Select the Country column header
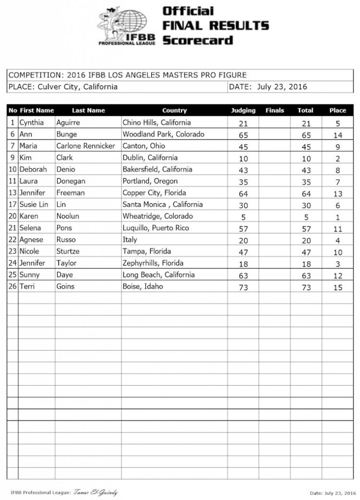(174, 110)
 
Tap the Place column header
(338, 110)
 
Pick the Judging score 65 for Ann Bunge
(243, 135)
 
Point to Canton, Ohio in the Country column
(144, 146)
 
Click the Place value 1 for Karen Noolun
(338, 217)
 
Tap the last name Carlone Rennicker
(86, 146)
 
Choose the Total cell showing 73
(305, 288)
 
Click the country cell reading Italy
(130, 240)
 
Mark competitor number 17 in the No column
(13, 205)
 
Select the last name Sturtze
(68, 251)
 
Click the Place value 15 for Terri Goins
(338, 288)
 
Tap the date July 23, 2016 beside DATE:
(282, 87)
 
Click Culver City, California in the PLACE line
(78, 87)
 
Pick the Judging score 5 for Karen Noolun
(243, 217)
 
